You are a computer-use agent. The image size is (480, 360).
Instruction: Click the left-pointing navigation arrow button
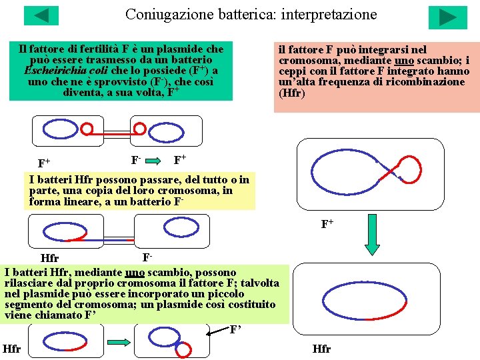[x=41, y=15]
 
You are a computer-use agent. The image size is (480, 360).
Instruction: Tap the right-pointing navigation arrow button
[x=448, y=17]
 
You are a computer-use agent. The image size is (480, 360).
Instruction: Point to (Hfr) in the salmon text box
[x=292, y=93]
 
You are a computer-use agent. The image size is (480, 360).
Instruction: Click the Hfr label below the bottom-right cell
[x=322, y=349]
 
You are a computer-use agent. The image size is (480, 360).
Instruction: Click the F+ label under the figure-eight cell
[x=327, y=224]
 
